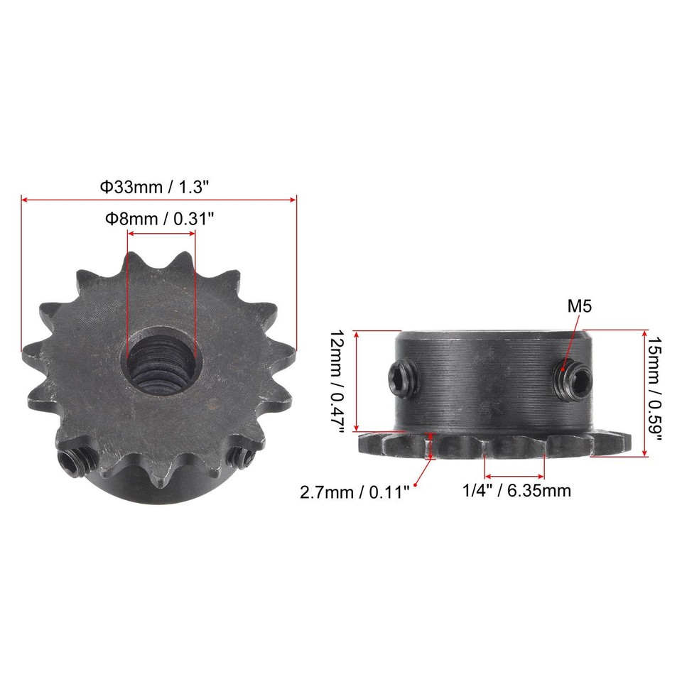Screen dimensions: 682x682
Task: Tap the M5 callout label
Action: pos(579,306)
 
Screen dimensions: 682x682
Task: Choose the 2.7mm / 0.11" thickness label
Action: pos(354,492)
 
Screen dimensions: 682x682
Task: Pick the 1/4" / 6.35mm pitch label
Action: pos(516,490)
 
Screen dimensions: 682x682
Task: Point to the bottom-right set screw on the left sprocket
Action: pos(240,458)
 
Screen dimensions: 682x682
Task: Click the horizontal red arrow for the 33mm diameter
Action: pos(158,201)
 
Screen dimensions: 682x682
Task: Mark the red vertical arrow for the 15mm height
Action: pos(644,393)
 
